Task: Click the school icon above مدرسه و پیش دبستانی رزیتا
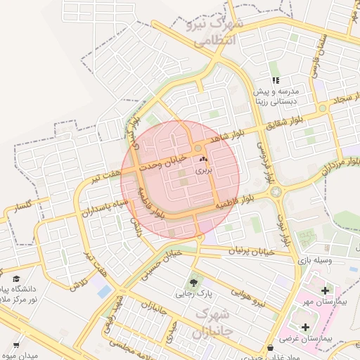click(x=276, y=81)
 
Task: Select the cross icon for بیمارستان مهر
click(x=324, y=290)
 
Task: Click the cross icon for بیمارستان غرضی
click(x=305, y=327)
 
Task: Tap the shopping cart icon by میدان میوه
click(x=15, y=345)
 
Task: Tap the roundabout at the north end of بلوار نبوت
click(x=275, y=191)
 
